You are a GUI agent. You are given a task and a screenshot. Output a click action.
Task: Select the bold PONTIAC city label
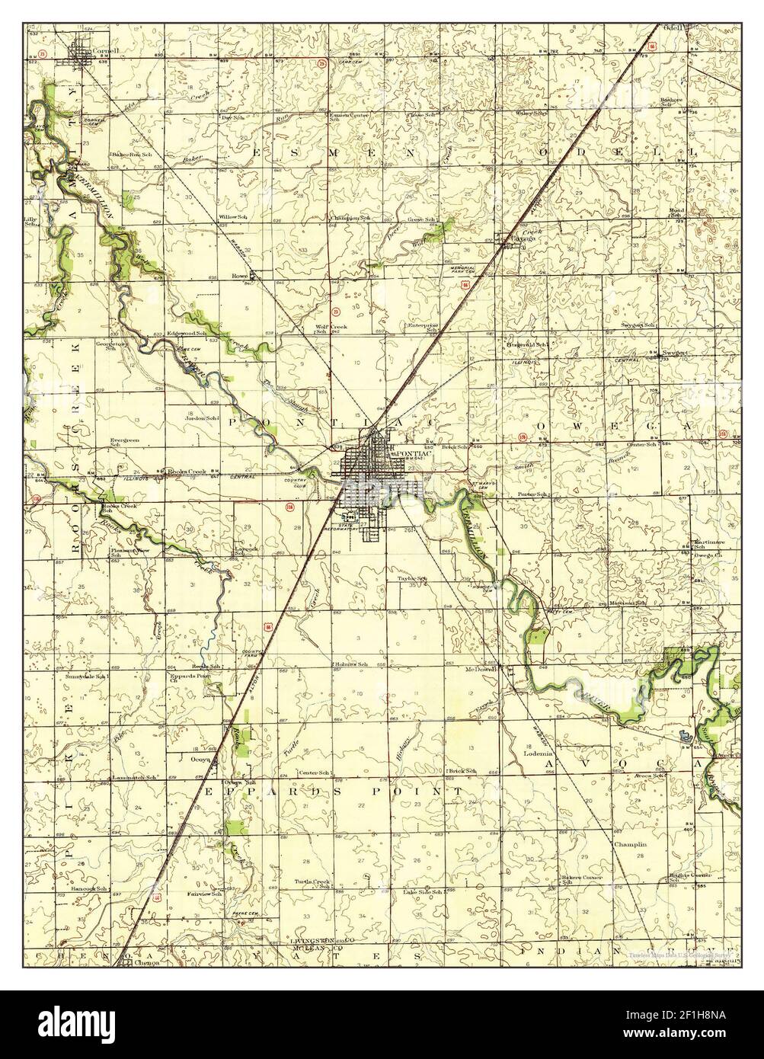coord(411,452)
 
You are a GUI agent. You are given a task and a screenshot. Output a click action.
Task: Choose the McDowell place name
coord(481,670)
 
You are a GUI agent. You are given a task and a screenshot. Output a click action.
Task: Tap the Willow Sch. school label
coord(233,217)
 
